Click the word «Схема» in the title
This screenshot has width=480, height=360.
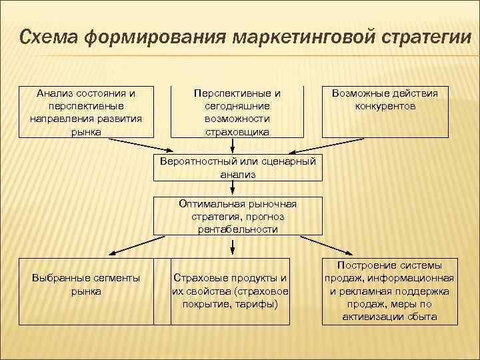coord(49,38)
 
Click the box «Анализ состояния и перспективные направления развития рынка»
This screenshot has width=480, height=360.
coord(86,112)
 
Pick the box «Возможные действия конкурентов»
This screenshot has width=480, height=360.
coord(385,112)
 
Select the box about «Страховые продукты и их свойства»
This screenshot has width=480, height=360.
coord(231,291)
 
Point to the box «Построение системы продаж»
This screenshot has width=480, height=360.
coord(389,291)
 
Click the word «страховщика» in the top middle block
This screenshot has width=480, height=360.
coord(237,132)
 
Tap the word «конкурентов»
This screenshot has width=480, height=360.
coord(385,107)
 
